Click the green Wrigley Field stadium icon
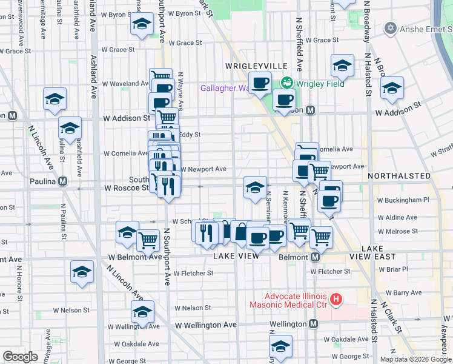286,83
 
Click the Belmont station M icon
315,257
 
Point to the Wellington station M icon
312,324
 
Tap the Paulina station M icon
62,181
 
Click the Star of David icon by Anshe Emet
391,29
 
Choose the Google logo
21,356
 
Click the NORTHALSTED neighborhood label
398,176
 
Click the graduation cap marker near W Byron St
142,25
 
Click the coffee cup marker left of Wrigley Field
260,83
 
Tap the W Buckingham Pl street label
403,199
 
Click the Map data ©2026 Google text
415,359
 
